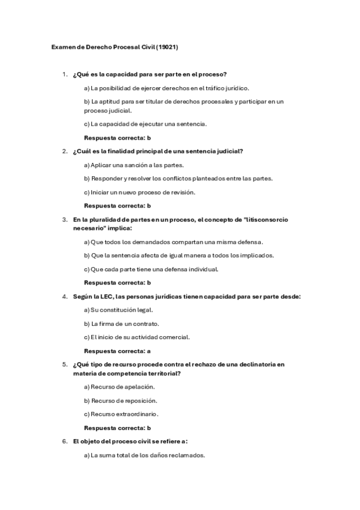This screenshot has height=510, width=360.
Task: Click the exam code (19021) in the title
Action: click(x=167, y=46)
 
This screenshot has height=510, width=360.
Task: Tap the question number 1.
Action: click(x=64, y=74)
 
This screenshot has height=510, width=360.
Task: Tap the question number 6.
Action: click(x=64, y=441)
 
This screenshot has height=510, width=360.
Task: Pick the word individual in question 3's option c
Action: click(x=204, y=269)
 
